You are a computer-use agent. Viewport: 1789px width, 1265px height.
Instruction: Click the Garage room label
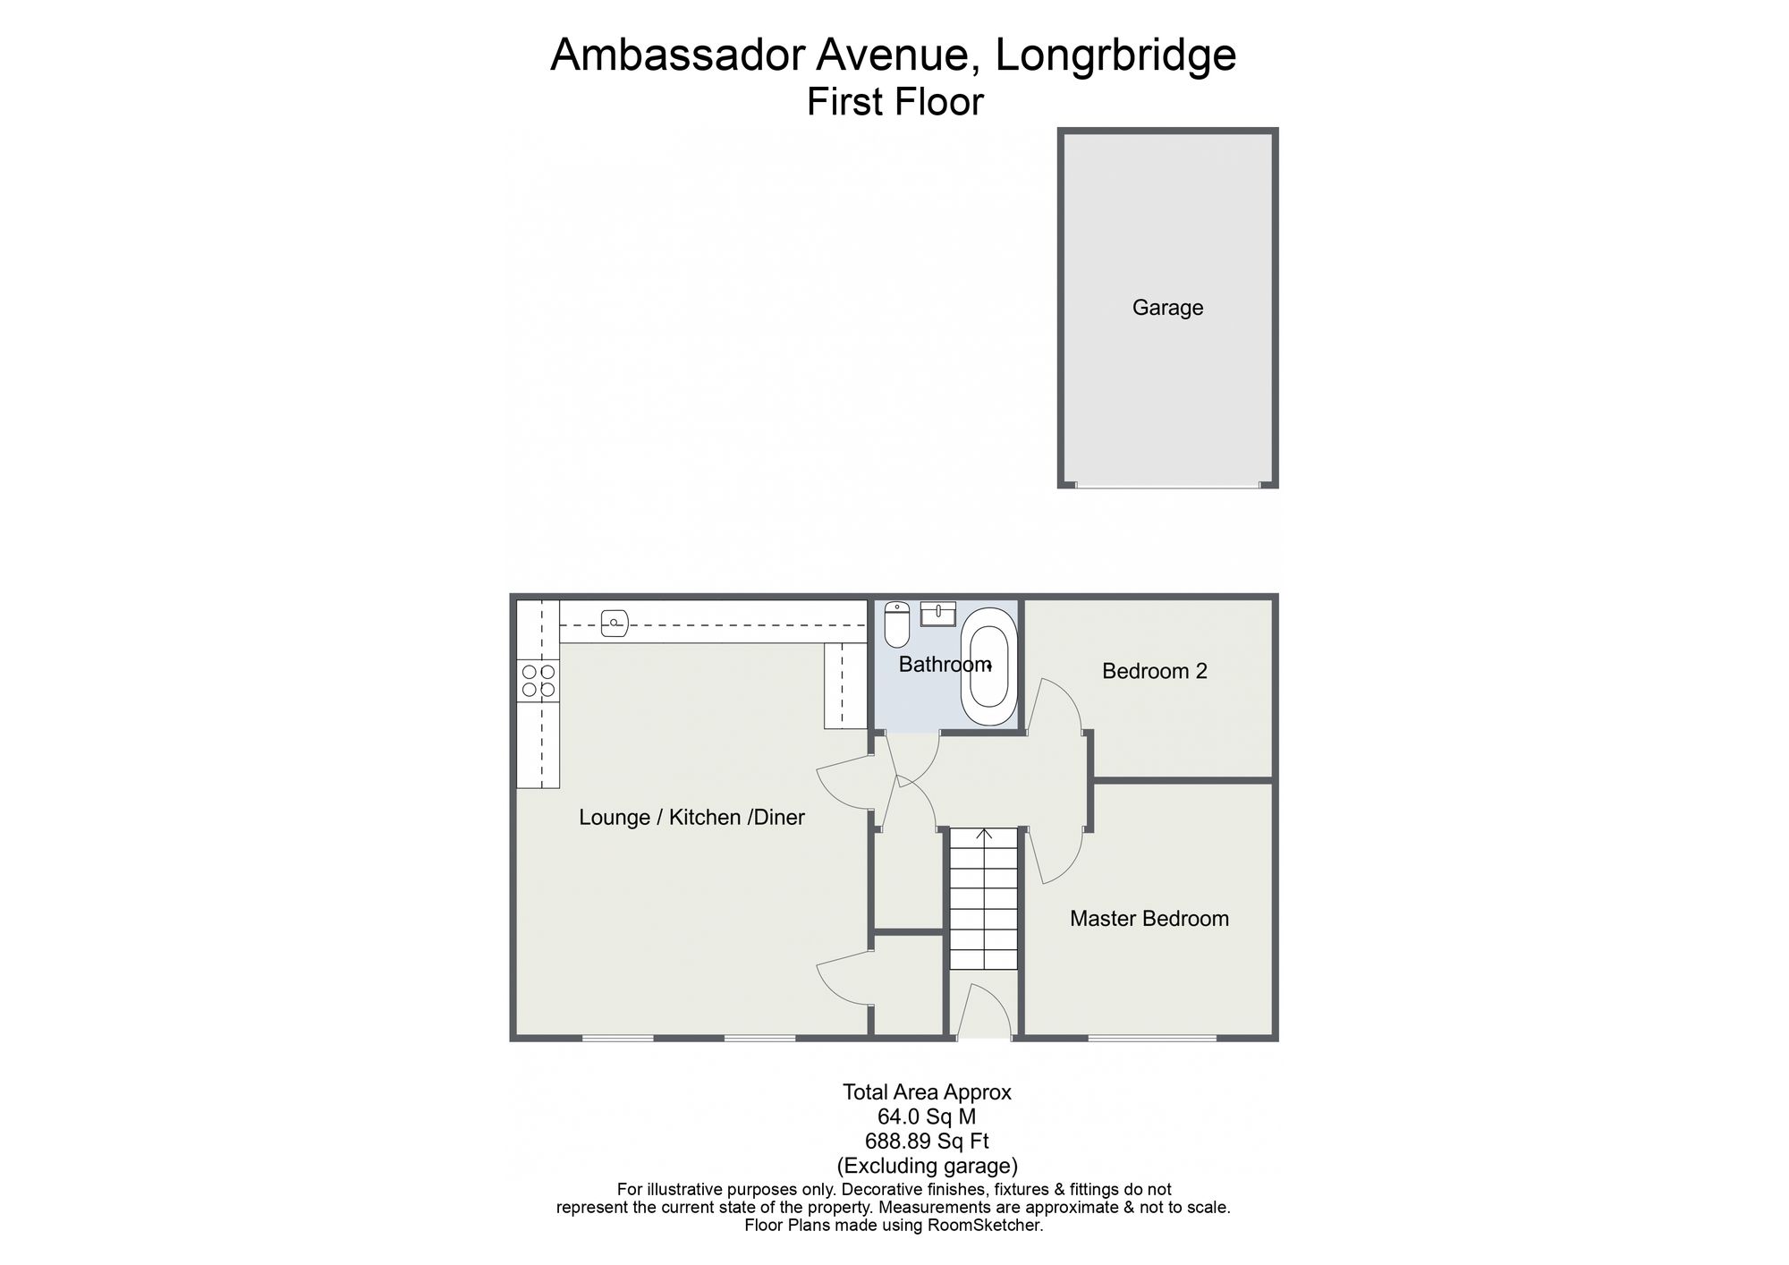(1167, 308)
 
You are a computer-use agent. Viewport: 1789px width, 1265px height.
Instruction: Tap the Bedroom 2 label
(1155, 671)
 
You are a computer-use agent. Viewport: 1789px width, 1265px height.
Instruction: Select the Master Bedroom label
(1149, 919)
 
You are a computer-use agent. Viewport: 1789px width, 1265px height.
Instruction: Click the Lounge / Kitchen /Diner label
(691, 817)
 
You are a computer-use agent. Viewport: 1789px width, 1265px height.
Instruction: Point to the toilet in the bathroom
(896, 624)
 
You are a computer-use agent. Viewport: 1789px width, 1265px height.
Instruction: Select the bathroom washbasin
(938, 613)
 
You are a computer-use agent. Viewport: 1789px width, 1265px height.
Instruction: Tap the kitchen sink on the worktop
(615, 622)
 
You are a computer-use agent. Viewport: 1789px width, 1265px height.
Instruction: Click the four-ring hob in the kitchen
(538, 681)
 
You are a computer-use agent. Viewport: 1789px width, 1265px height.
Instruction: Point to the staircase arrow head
(984, 834)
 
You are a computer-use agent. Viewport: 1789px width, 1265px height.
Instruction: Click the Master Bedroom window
(1152, 1038)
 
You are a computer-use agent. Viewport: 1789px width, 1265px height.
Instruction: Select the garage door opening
(1167, 486)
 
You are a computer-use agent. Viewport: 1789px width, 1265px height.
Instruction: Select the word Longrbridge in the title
(1115, 55)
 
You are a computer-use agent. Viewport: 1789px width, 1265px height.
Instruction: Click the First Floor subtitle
(894, 102)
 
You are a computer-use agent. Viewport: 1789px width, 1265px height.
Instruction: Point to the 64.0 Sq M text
(927, 1116)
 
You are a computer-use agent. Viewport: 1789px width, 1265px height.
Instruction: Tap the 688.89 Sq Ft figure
(927, 1141)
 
